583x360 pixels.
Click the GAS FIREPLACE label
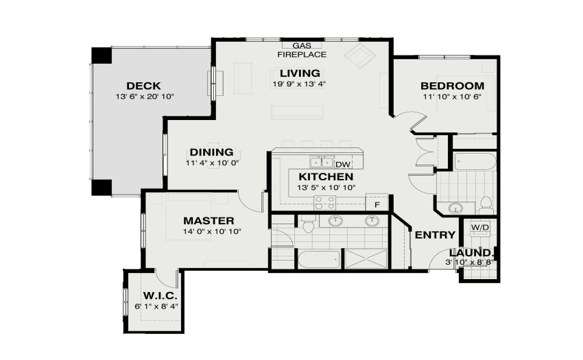click(302, 50)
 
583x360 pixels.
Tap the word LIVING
click(300, 73)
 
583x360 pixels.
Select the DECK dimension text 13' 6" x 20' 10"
click(145, 97)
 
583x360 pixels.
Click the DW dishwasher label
click(343, 165)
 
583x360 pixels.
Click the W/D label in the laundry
click(480, 227)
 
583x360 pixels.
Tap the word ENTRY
click(435, 235)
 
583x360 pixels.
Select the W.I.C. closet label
click(160, 296)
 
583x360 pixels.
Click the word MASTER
click(209, 221)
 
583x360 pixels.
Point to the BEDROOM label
click(453, 86)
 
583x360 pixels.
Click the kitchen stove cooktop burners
click(325, 203)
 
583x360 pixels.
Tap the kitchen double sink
click(322, 163)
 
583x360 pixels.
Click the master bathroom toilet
click(308, 224)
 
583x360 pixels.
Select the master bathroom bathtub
click(319, 259)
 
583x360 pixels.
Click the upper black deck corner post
click(102, 56)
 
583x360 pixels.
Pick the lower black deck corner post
click(102, 187)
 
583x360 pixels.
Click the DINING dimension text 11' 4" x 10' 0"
click(212, 163)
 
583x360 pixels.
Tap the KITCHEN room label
click(326, 177)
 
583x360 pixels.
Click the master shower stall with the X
click(366, 259)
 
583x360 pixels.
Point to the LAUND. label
click(471, 253)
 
